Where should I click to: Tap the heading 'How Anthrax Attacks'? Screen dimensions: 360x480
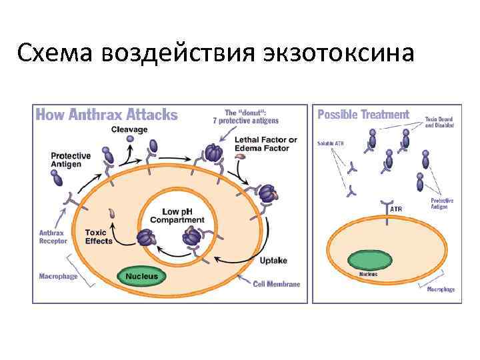(x=107, y=114)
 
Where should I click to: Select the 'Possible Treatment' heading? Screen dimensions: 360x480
(x=363, y=114)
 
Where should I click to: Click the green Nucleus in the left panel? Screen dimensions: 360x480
(x=142, y=275)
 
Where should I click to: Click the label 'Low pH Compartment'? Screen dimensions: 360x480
(x=177, y=215)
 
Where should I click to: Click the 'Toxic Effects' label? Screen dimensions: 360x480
(x=99, y=237)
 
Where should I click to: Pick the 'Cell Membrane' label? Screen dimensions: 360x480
(x=276, y=283)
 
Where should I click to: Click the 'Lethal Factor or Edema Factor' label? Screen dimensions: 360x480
(x=265, y=144)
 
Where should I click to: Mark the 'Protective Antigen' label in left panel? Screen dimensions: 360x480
(x=71, y=160)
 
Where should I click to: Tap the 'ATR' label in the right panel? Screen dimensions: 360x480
(x=395, y=209)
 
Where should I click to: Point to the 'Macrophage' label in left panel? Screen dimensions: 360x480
(x=59, y=275)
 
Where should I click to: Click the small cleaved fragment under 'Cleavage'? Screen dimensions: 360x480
(x=130, y=139)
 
